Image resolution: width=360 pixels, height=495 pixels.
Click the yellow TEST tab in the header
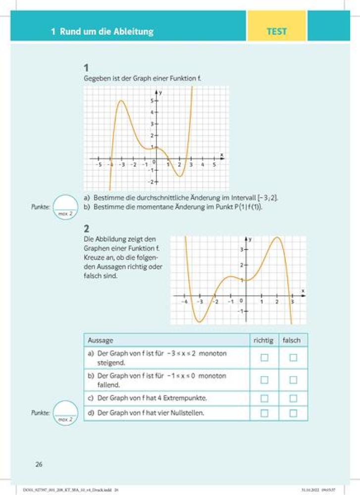pyautogui.click(x=277, y=31)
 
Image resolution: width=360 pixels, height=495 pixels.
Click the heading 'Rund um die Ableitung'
pyautogui.click(x=106, y=32)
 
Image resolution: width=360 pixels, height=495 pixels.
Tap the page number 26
pyautogui.click(x=39, y=464)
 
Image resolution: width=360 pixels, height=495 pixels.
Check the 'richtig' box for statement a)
pyautogui.click(x=264, y=357)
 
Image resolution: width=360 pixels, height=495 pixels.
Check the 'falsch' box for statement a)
pyautogui.click(x=293, y=357)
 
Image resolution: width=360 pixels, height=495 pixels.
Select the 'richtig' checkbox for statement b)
pyautogui.click(x=264, y=380)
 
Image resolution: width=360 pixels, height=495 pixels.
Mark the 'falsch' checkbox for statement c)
pyautogui.click(x=293, y=398)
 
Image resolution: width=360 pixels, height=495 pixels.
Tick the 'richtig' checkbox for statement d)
pyautogui.click(x=264, y=412)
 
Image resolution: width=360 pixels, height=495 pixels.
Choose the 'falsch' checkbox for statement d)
pyautogui.click(x=293, y=412)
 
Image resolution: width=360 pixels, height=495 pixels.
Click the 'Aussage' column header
pyautogui.click(x=101, y=341)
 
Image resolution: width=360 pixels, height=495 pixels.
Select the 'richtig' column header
pyautogui.click(x=264, y=341)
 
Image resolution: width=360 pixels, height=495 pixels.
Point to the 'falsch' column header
pyautogui.click(x=293, y=341)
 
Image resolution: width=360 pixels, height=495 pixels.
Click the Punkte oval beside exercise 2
pyautogui.click(x=66, y=413)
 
